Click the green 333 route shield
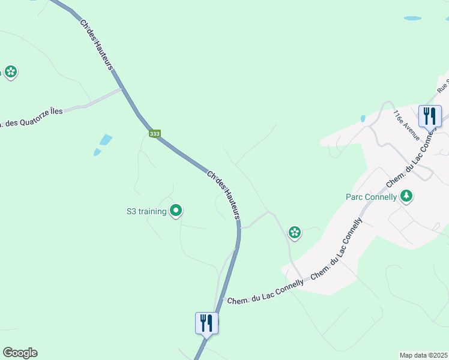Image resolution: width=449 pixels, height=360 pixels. tap(155, 134)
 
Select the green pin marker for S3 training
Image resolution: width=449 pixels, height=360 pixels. tap(176, 211)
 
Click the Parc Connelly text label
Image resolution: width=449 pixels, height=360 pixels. tap(372, 197)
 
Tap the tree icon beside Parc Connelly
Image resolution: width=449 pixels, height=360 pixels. tap(406, 196)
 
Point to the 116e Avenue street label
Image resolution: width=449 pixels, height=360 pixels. tap(406, 125)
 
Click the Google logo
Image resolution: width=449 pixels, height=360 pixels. tap(20, 353)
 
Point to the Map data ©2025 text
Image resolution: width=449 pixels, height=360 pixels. tap(423, 355)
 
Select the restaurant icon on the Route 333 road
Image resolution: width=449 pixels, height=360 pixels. tap(206, 323)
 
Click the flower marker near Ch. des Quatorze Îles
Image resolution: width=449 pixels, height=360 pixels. tap(10, 73)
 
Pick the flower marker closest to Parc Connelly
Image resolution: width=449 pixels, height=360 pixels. tap(294, 232)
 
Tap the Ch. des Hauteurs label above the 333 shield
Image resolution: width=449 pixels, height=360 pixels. tap(97, 44)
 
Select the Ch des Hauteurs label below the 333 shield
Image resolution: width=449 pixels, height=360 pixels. tap(224, 194)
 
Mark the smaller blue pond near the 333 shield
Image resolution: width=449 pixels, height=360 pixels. tap(97, 152)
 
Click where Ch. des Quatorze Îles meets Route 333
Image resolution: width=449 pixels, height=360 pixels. tap(123, 90)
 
